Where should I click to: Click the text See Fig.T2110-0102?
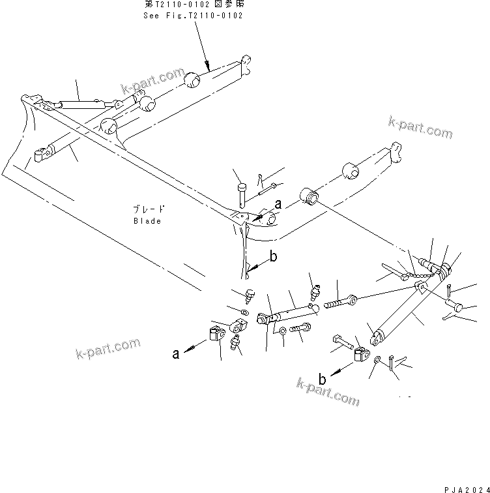(193, 15)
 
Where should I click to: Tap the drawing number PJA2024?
(465, 488)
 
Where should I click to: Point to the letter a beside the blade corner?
(278, 205)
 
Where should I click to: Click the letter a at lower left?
(175, 354)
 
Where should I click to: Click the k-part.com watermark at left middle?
(107, 350)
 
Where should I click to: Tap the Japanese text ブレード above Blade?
(148, 210)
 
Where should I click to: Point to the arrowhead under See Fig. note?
(207, 65)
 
